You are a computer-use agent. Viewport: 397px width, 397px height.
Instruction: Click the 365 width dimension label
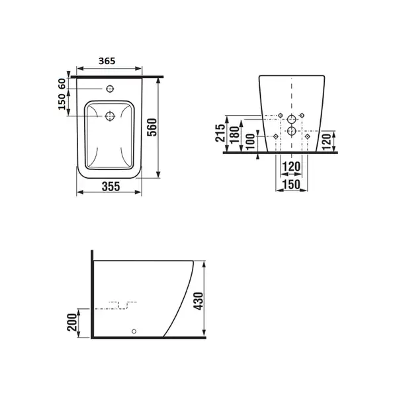pyautogui.click(x=107, y=61)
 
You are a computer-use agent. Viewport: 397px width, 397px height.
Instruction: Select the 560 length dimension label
pyautogui.click(x=152, y=127)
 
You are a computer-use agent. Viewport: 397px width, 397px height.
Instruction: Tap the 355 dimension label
pyautogui.click(x=110, y=187)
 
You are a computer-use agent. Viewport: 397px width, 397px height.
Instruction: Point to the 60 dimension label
pyautogui.click(x=62, y=84)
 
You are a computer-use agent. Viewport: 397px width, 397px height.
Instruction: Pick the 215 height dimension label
pyautogui.click(x=220, y=133)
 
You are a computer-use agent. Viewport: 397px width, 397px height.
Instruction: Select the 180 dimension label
pyautogui.click(x=235, y=135)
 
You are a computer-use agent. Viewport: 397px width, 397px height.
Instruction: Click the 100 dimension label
pyautogui.click(x=250, y=142)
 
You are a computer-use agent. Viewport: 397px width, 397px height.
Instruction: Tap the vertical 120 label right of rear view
pyautogui.click(x=327, y=142)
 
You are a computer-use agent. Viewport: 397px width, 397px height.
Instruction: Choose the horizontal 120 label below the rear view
pyautogui.click(x=291, y=167)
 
